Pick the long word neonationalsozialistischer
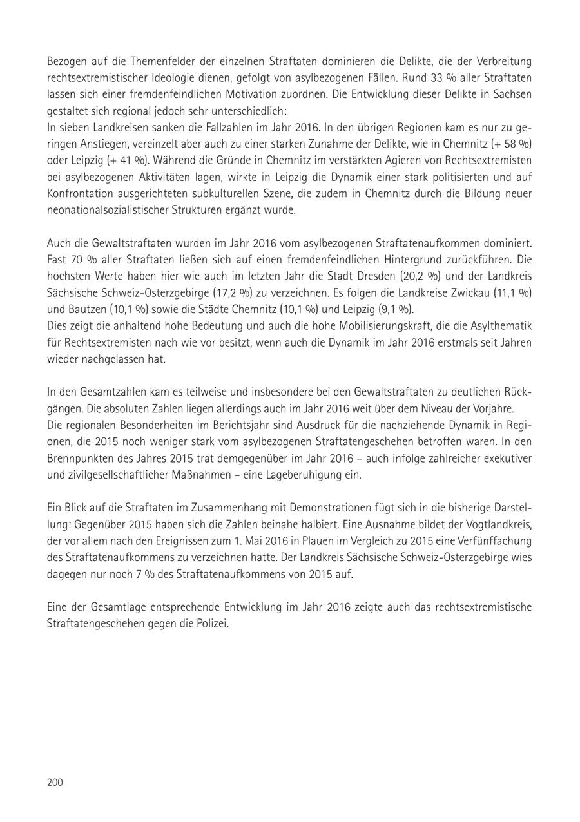coord(106,210)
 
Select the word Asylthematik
coord(500,327)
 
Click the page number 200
coord(55,783)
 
